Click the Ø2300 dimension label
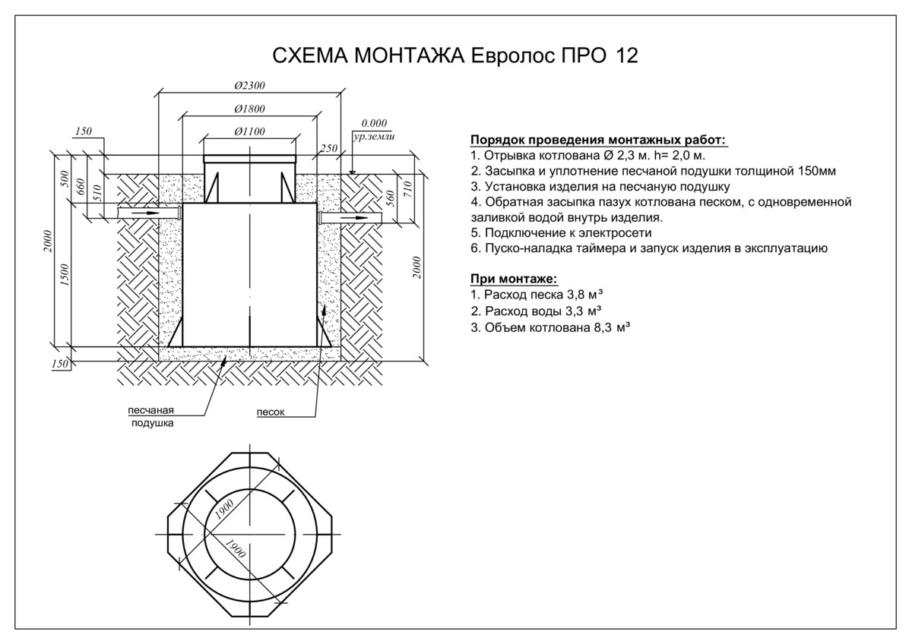pos(249,85)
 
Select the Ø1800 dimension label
pos(249,109)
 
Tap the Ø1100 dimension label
pos(249,131)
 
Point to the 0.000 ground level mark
pos(374,123)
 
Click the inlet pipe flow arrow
pos(147,213)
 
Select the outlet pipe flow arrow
pos(354,218)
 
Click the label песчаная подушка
pos(151,417)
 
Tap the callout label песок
pos(271,412)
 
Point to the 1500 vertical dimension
pos(65,275)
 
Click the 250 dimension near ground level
pos(328,148)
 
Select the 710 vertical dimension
pos(408,189)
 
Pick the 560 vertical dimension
pos(391,198)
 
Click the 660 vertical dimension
pos(81,187)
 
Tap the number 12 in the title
pos(627,55)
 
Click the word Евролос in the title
pos(512,55)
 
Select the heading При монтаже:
pos(514,279)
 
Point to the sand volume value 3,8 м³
pos(584,294)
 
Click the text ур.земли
pos(374,136)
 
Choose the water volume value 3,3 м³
pos(584,311)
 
